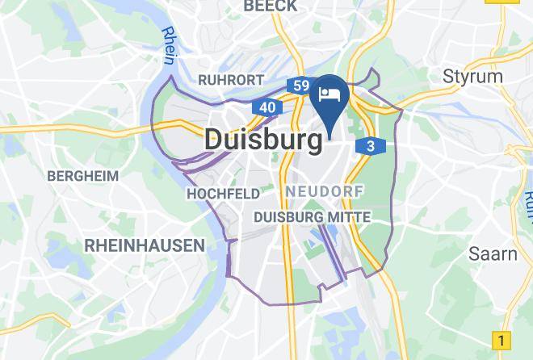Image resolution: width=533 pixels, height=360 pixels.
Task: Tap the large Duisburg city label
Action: (263, 139)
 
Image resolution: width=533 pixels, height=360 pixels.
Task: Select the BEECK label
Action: (270, 7)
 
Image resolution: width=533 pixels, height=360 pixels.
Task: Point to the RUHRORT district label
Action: (231, 80)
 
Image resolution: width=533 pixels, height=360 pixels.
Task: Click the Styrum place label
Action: (473, 77)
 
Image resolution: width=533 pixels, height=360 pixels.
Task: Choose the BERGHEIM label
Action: (82, 175)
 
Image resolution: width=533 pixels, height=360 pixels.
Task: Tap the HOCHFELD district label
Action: (223, 194)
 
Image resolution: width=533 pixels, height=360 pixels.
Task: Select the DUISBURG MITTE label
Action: (312, 217)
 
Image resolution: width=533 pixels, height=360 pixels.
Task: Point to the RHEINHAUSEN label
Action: (144, 245)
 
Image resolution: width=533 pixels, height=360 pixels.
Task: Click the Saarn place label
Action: (493, 253)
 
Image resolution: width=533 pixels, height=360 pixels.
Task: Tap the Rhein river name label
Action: (169, 44)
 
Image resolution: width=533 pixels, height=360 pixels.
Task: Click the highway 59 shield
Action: (300, 85)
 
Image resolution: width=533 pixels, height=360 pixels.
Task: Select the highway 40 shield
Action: (267, 107)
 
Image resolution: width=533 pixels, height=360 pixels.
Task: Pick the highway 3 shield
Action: (370, 146)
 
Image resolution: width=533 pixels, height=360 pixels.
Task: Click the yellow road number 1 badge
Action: (502, 340)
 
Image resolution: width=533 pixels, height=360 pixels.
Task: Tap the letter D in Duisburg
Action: (213, 139)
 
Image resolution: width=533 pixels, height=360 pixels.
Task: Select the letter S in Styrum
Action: (449, 77)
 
